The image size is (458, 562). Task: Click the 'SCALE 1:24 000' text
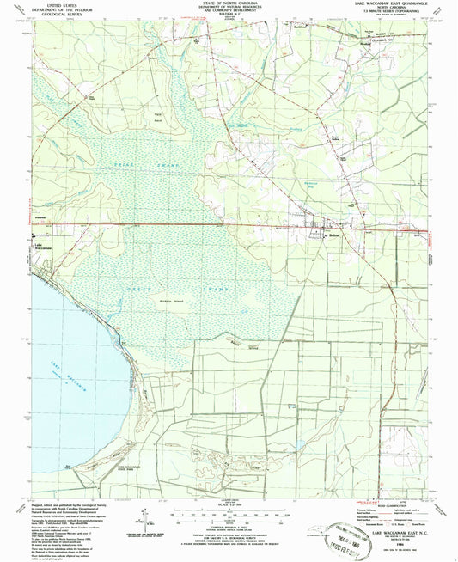click(229, 503)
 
